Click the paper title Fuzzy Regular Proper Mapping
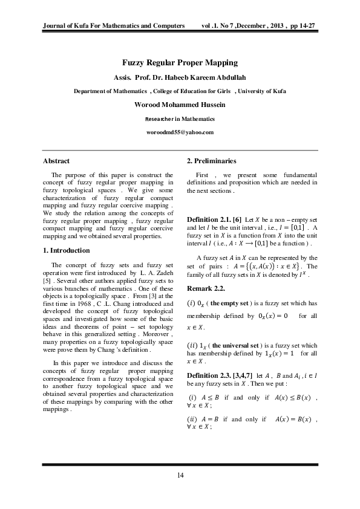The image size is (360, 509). click(180, 63)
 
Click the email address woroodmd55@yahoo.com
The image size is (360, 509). click(180, 132)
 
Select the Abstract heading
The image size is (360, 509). click(56, 161)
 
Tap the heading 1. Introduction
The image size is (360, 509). click(66, 250)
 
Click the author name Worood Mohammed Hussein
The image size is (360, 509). click(180, 105)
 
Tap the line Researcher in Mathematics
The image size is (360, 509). click(180, 118)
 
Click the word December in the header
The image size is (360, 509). click(254, 27)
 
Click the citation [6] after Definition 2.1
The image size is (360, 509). click(237, 219)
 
